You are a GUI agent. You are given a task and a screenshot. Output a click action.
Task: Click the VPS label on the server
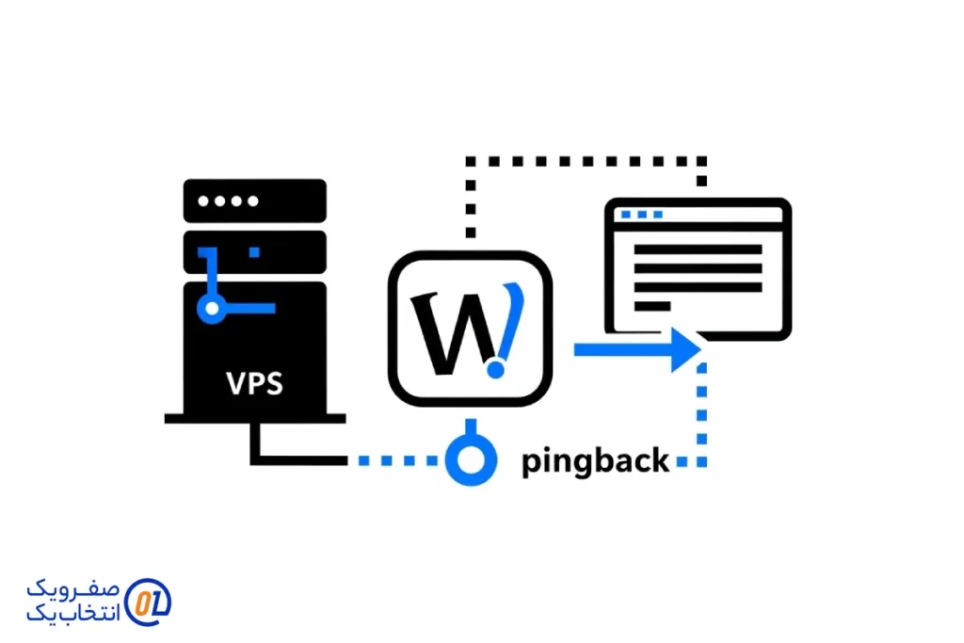click(x=254, y=384)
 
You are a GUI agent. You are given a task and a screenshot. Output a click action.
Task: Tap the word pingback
click(x=595, y=461)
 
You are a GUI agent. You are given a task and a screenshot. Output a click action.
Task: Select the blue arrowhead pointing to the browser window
click(x=686, y=349)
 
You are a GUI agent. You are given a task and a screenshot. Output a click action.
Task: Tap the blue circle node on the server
click(x=213, y=307)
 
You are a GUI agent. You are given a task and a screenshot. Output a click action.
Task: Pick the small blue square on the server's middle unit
click(x=253, y=251)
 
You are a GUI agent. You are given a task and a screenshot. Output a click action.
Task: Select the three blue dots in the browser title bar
click(x=641, y=215)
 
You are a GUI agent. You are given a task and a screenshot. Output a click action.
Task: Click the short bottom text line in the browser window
click(x=651, y=306)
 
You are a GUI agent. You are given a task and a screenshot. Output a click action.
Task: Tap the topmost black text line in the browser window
click(x=697, y=249)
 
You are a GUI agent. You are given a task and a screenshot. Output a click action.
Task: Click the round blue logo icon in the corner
click(x=148, y=601)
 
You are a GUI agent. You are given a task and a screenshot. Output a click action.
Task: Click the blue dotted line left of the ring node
click(x=395, y=461)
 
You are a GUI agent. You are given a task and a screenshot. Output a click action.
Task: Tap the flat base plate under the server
click(x=253, y=417)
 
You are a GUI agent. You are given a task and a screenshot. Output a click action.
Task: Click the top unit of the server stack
click(x=253, y=201)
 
